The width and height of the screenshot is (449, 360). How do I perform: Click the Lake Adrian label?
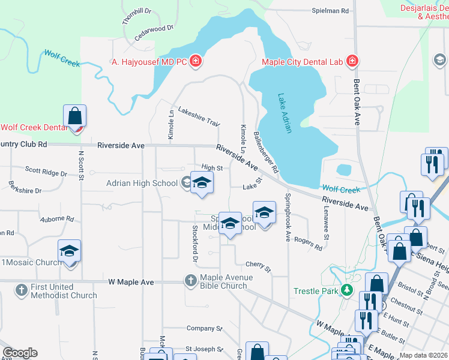coord(285,113)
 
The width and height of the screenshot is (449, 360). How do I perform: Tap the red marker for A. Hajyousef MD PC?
coord(195,61)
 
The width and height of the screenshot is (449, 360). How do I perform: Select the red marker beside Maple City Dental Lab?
coord(352,61)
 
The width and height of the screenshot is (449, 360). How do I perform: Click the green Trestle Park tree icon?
coord(346,291)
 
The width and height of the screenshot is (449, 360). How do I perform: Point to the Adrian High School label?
coord(142,183)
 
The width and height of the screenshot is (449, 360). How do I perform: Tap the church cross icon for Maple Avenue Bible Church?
coord(190,280)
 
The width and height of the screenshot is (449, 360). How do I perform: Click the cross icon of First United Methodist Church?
coord(20,291)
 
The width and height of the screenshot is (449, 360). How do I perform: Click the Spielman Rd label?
coord(330,11)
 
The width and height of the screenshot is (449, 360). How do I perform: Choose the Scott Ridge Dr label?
coord(46,172)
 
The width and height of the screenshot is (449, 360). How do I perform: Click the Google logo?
coord(20,353)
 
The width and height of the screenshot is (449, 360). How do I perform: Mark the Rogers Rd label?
coord(309,243)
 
